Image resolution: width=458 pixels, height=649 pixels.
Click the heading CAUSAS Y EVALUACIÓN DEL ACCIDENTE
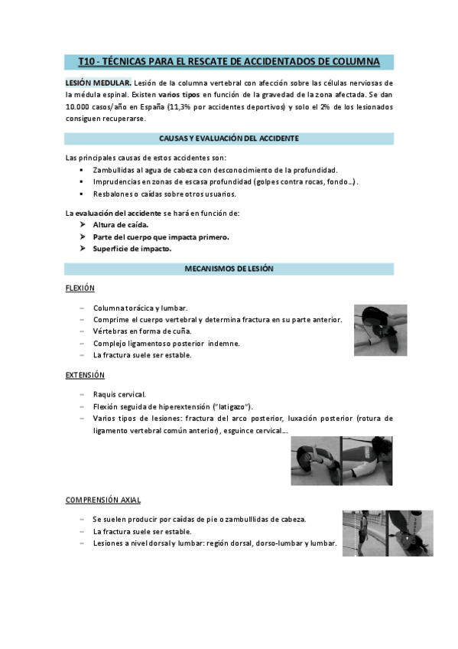(x=229, y=139)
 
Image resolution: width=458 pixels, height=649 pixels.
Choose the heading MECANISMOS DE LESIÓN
(x=229, y=269)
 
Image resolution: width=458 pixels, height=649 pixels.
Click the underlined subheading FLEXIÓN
(x=80, y=288)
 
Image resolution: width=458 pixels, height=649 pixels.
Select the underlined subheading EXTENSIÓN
(x=84, y=375)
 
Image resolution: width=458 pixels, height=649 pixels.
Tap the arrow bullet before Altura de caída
(x=83, y=225)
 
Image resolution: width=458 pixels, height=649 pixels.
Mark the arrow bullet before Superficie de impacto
(x=83, y=249)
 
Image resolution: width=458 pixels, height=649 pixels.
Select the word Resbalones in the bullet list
(x=112, y=194)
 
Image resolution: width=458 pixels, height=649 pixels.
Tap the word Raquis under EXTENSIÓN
(x=105, y=394)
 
